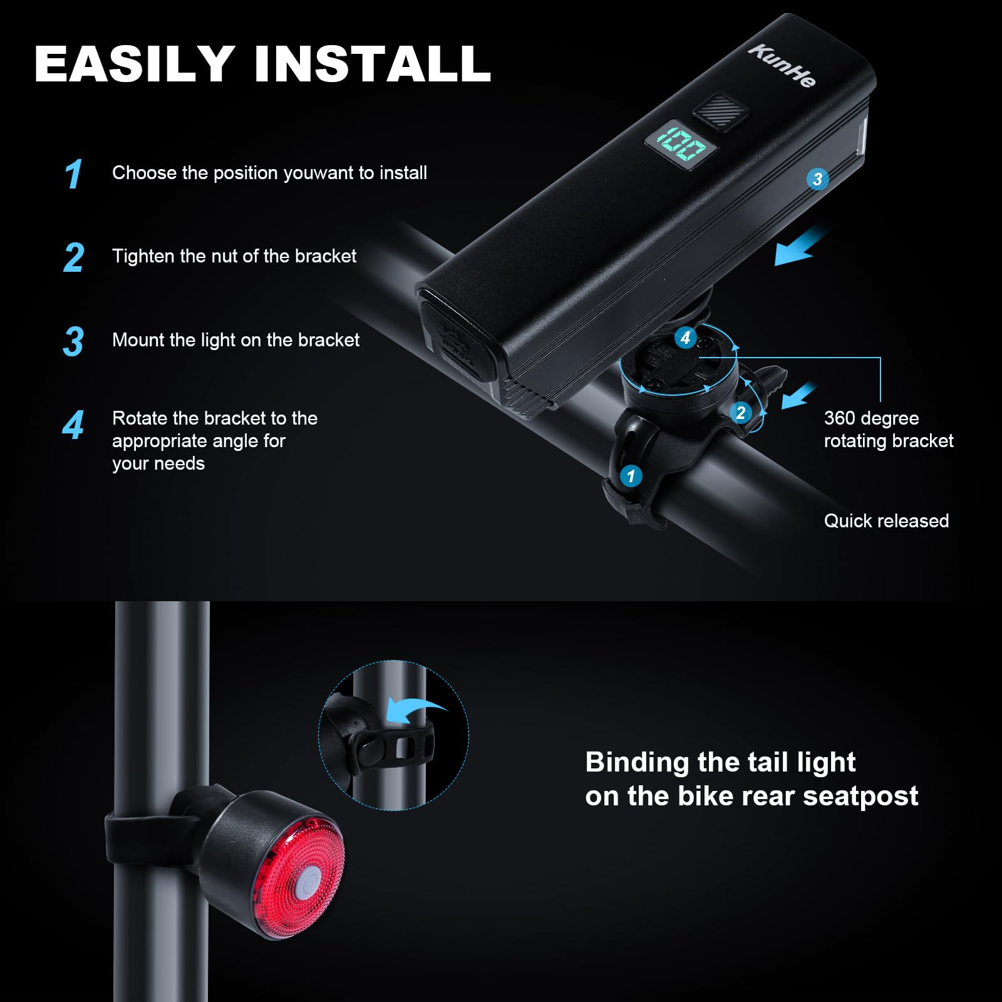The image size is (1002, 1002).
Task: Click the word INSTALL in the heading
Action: pos(373,64)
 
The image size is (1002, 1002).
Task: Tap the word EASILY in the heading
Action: pos(135,64)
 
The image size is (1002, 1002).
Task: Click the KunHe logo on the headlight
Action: pos(782,66)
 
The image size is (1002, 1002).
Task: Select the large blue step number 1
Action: pos(74,173)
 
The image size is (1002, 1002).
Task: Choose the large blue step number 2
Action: pos(74,257)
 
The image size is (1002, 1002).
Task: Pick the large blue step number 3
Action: pos(74,341)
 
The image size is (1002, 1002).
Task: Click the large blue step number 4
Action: pos(73,425)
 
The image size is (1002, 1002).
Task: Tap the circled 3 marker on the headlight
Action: pos(817,179)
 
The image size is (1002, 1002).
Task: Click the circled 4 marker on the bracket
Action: pos(686,338)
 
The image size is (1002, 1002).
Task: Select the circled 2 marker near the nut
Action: pos(741,413)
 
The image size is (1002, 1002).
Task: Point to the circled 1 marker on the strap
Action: pos(631,476)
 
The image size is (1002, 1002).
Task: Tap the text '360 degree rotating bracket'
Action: pos(888,430)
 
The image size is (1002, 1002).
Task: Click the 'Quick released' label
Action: pos(886,521)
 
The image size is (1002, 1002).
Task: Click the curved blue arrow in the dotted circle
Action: pos(415,711)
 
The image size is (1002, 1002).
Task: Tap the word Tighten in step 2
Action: pos(143,257)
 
